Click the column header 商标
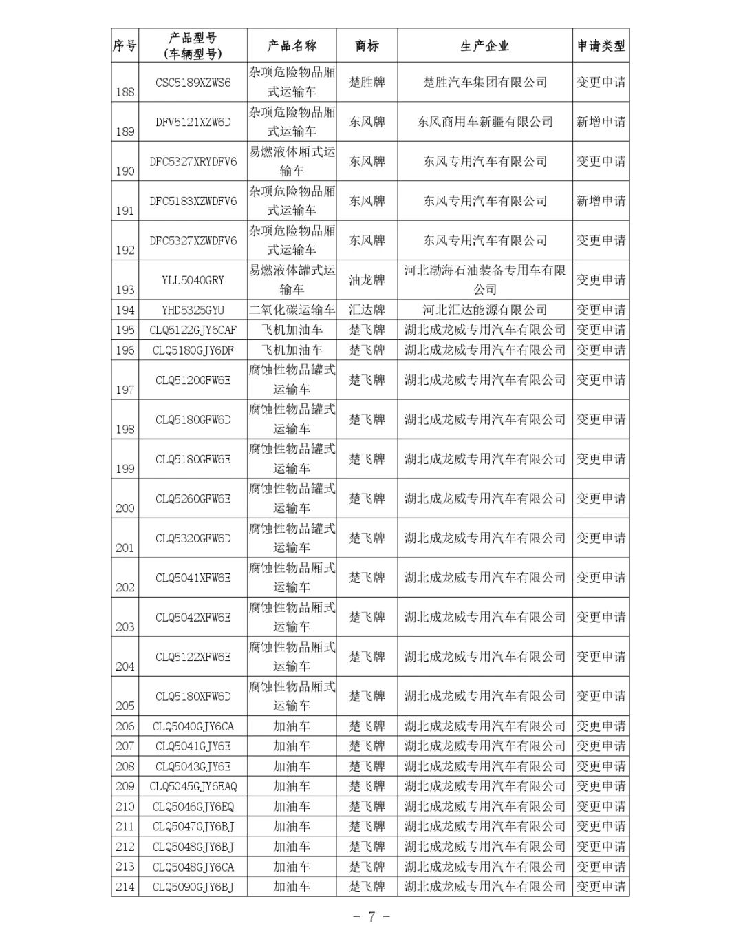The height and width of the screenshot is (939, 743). (x=367, y=46)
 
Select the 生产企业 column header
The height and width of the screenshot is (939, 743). (x=484, y=46)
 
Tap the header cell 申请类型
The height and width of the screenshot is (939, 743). (x=601, y=46)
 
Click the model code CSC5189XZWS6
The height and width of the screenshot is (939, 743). (x=193, y=83)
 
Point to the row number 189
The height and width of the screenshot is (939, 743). (x=125, y=131)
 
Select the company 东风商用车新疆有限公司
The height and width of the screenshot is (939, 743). (x=484, y=122)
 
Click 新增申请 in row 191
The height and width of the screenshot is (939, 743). (x=601, y=201)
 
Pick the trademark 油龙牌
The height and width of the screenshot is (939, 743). (x=367, y=280)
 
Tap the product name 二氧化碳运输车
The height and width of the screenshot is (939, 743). (x=292, y=310)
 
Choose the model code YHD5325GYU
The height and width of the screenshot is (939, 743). (x=193, y=310)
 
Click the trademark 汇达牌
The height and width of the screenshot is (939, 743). (x=367, y=310)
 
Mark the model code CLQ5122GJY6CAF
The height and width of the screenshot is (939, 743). (x=193, y=330)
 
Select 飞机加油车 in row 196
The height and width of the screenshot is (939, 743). (x=292, y=350)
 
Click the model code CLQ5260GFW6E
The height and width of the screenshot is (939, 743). (x=193, y=498)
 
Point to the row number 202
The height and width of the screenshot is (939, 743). (x=125, y=587)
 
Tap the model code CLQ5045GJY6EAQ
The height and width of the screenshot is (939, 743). (x=193, y=786)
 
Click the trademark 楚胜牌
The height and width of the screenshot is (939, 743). (x=367, y=83)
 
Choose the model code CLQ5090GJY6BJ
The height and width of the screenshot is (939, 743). (x=193, y=887)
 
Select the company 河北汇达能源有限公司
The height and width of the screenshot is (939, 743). (x=484, y=310)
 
